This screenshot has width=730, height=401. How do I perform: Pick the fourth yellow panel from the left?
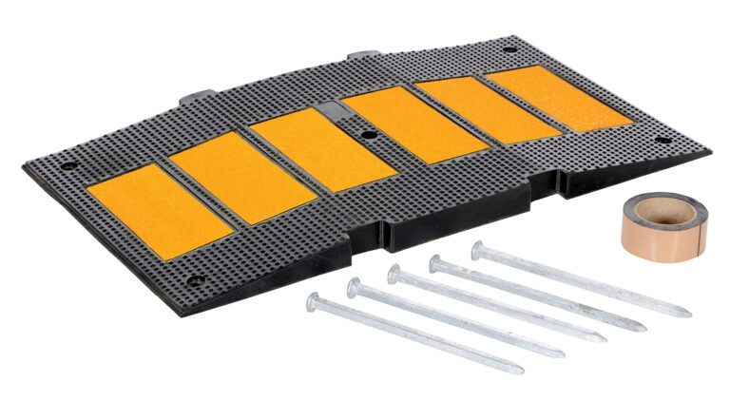pos(414,124)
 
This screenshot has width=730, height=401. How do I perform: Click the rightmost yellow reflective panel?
pos(558,96)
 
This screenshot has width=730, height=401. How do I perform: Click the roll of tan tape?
pos(664,224)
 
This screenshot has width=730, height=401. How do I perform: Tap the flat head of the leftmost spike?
pos(314,301)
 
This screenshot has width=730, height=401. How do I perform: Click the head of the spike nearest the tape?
pos(478,249)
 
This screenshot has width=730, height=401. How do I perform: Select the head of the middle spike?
pos(394,274)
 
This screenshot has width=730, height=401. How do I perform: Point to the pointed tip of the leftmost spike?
pos(521,369)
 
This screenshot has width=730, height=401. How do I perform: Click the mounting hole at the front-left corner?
pos(195,281)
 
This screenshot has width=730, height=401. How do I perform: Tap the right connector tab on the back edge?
pos(362,56)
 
